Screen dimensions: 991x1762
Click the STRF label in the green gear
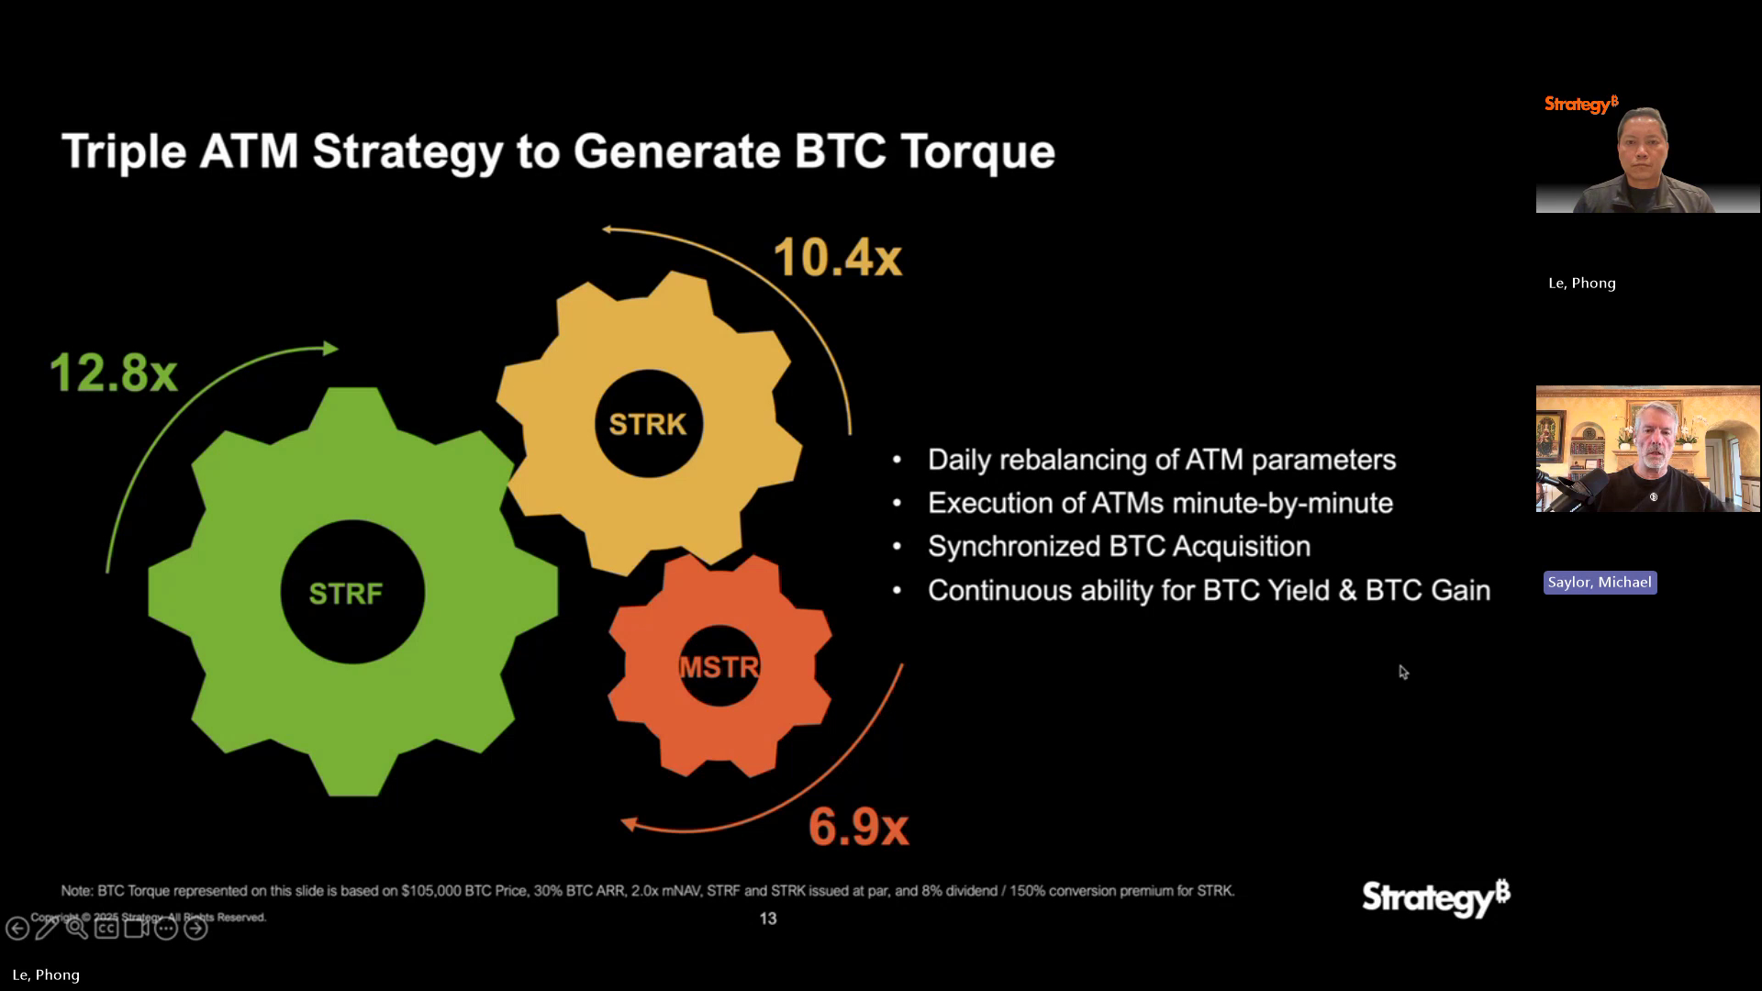click(346, 594)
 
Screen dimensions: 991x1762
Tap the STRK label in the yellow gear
click(648, 424)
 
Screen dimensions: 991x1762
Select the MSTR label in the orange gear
click(719, 667)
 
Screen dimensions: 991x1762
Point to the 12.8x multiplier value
click(113, 373)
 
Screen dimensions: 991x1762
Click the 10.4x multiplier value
click(838, 257)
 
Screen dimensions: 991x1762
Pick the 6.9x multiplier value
click(858, 827)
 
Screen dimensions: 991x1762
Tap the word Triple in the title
click(124, 151)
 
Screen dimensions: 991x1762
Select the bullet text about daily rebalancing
click(1161, 460)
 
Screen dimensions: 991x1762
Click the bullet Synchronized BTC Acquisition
click(1119, 546)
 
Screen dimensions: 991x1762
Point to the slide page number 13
click(768, 919)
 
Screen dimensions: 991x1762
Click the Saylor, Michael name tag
click(1600, 583)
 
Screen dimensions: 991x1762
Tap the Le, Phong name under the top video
click(1581, 284)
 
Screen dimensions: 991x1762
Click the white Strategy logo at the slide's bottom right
click(1435, 896)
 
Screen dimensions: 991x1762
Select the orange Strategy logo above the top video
click(1580, 105)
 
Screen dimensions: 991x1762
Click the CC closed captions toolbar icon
click(106, 929)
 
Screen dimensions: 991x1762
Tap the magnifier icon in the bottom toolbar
click(77, 929)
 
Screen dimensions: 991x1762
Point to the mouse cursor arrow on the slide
click(1402, 672)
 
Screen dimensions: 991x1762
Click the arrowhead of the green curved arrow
click(330, 349)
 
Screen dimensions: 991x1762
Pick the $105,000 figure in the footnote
click(430, 891)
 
